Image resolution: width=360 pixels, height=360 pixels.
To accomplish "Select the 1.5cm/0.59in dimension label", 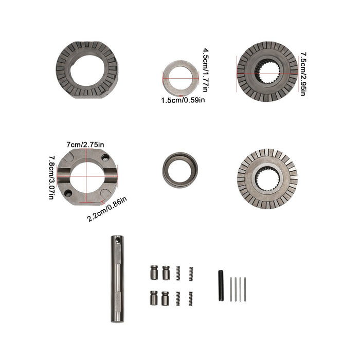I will pos(183,100).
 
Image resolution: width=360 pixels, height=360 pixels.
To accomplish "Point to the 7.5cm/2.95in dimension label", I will pos(303,74).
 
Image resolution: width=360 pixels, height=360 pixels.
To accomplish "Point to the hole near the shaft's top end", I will pos(117,240).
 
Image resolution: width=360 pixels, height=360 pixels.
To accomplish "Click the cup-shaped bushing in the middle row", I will pos(180,169).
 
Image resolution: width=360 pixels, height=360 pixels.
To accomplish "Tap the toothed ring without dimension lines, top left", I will pos(87,70).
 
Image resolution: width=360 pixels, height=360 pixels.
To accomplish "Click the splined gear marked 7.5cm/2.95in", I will pos(267,71).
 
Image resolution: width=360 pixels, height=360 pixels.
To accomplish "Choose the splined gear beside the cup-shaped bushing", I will pos(267,178).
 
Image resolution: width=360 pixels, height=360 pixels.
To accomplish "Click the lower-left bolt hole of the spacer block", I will pos(68,193).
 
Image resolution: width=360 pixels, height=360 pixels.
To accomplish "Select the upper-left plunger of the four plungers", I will pos(154,272).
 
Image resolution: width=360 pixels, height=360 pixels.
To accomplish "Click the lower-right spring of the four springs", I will pos(190,298).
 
